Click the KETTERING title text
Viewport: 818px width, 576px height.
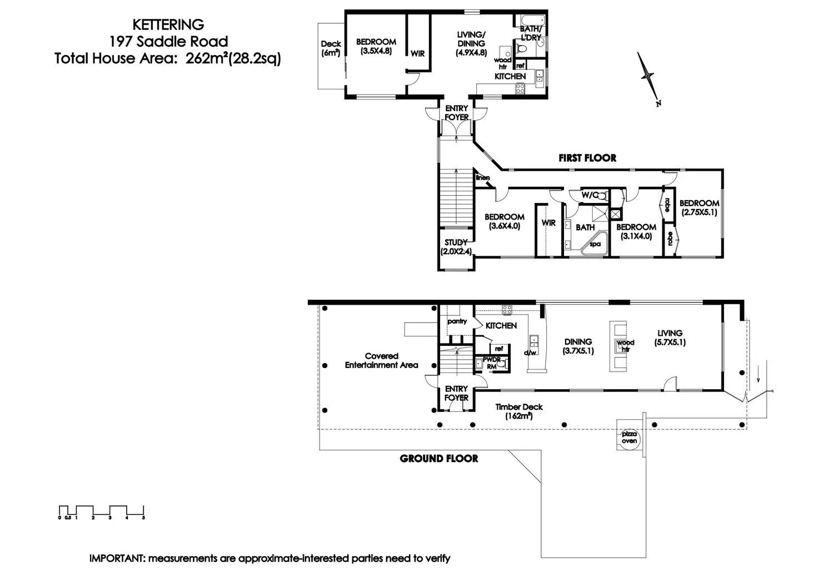[x=168, y=24]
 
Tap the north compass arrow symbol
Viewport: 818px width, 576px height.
[x=648, y=78]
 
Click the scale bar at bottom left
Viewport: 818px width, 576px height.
[x=102, y=512]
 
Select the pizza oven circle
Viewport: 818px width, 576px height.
[x=630, y=438]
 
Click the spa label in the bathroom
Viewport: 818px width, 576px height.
[x=595, y=244]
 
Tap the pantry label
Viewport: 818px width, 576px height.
[x=457, y=321]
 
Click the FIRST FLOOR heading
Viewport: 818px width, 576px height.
[x=587, y=158]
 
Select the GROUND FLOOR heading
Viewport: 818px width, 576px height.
[x=439, y=459]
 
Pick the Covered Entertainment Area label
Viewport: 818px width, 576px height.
[x=382, y=360]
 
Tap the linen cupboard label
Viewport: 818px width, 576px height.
[x=482, y=178]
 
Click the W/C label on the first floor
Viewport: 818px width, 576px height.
[x=590, y=195]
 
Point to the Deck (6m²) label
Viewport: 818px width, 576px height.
[x=331, y=48]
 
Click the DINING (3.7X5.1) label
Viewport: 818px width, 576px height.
[x=578, y=346]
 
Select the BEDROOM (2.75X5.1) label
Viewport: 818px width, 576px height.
[x=699, y=207]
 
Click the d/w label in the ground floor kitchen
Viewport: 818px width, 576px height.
[x=530, y=352]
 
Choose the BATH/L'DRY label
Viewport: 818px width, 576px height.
[x=531, y=33]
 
